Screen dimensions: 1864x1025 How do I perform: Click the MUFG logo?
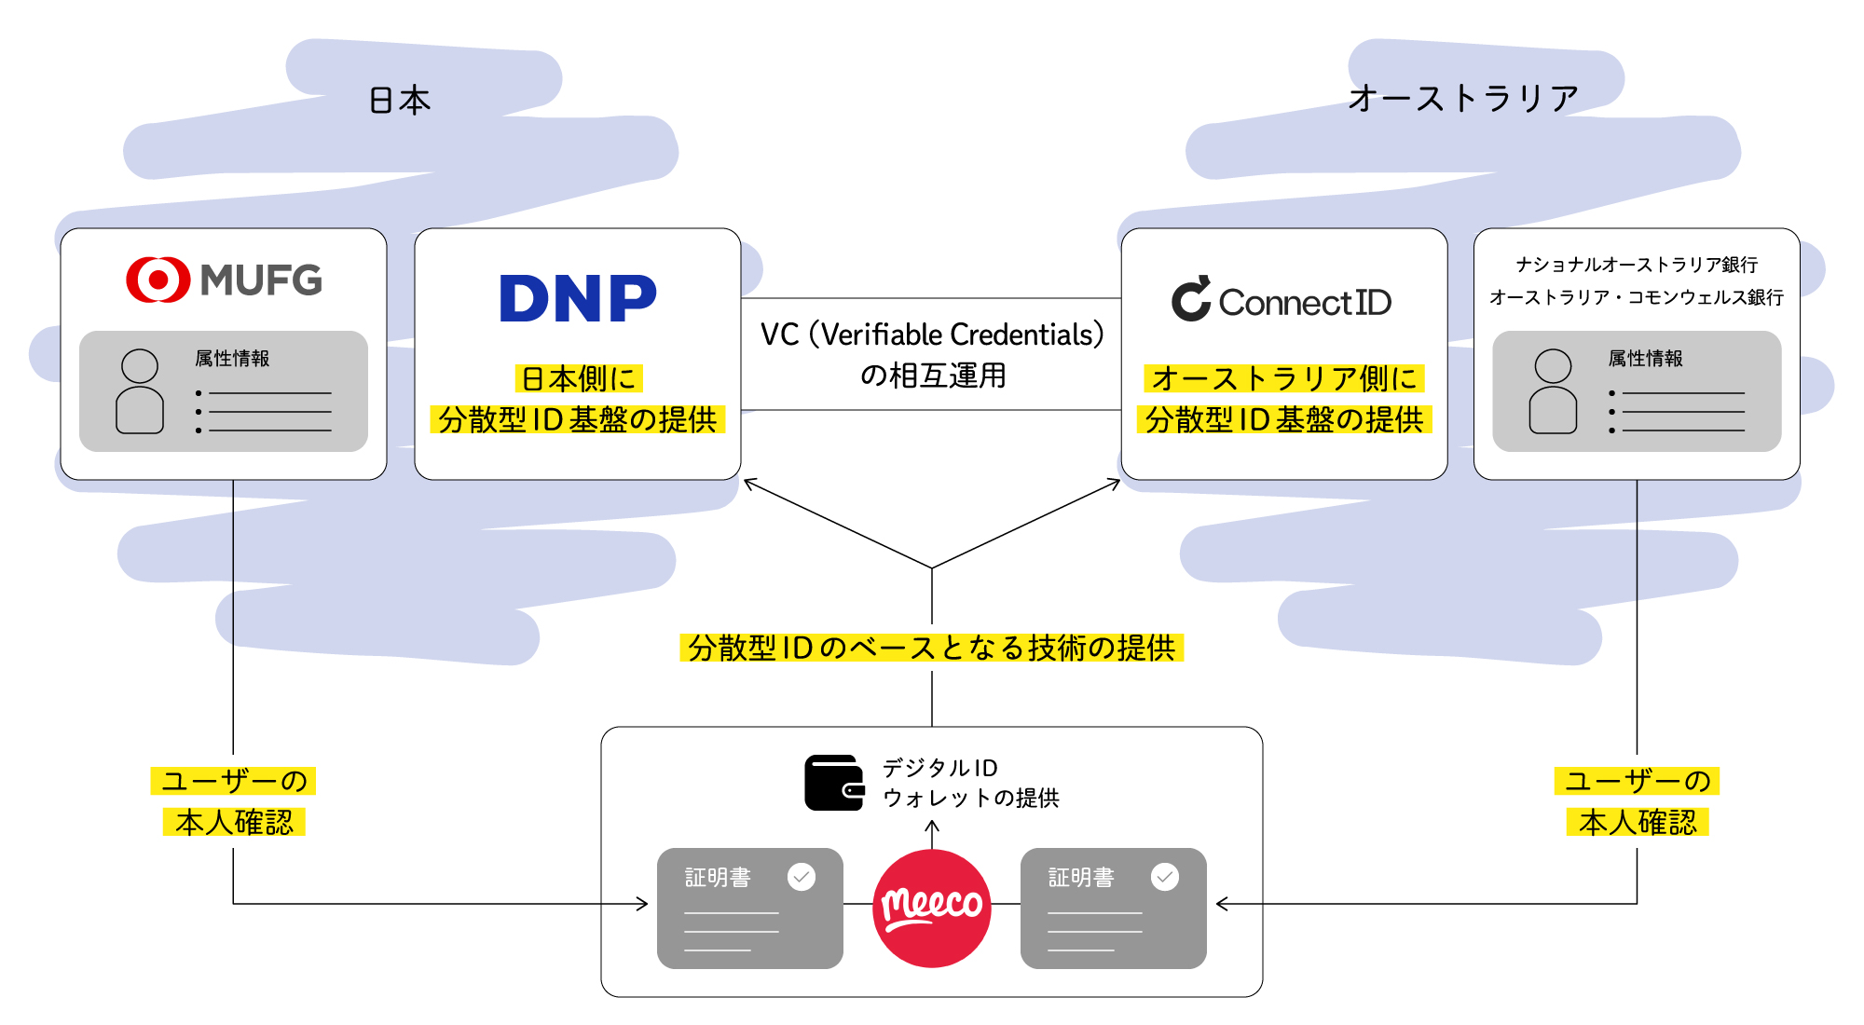224,280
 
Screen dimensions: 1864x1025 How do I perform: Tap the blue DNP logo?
578,298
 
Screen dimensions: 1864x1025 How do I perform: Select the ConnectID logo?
1281,300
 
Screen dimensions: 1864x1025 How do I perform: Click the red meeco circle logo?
932,908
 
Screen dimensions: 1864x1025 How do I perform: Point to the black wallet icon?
834,783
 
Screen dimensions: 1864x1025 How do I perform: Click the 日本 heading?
400,100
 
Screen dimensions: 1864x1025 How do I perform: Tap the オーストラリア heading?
1463,98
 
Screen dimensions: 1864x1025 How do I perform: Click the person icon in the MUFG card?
140,391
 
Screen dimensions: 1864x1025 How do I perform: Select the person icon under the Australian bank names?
1553,391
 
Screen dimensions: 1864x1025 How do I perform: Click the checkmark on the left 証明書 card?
802,877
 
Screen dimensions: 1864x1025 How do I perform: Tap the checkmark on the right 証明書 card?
1165,877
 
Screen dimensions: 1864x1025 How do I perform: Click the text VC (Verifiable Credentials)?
932,335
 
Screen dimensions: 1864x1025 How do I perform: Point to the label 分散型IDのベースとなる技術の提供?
932,648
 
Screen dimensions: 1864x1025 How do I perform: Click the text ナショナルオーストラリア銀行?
1637,265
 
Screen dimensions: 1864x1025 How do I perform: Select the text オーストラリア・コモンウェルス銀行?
1637,297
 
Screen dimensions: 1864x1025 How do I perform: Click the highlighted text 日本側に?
579,379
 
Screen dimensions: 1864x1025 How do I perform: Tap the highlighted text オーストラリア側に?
1284,379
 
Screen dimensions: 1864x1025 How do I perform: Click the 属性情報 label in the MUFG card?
232,359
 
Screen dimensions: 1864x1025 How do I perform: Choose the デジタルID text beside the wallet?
939,768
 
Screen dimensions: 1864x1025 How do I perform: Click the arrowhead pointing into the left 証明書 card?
642,904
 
